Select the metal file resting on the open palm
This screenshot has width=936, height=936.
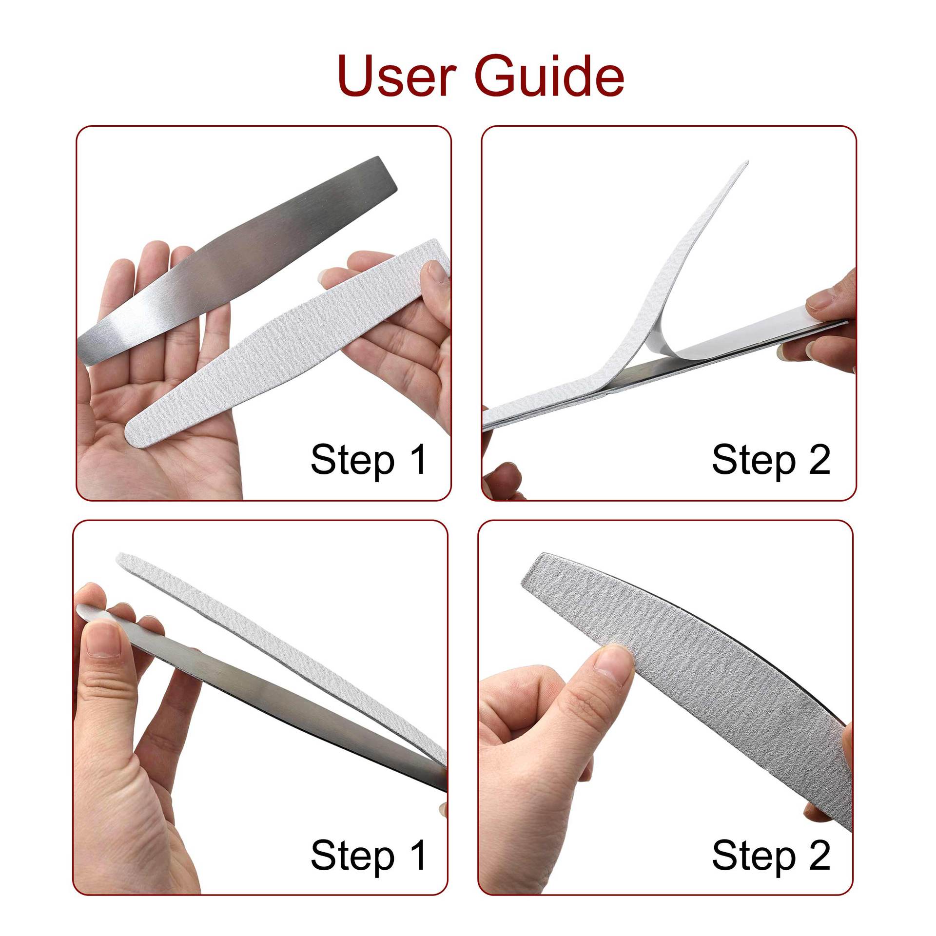click(x=234, y=258)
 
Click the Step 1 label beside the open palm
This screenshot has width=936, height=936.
click(x=369, y=459)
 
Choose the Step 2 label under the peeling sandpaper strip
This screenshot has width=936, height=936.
click(x=771, y=459)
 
